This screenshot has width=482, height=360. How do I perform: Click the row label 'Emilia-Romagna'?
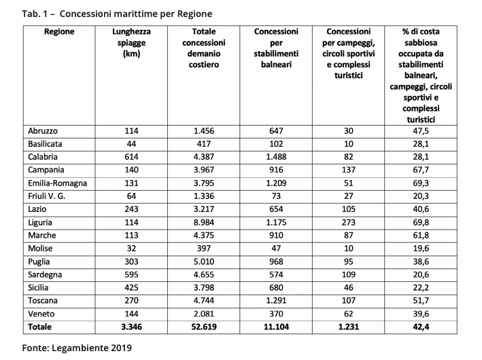[x=58, y=183]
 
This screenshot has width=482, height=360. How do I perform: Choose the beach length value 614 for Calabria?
[x=131, y=156]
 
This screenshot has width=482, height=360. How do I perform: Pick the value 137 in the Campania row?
[x=348, y=170]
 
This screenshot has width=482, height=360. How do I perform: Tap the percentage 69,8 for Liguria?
[x=420, y=222]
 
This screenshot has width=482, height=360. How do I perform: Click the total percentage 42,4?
[x=420, y=327]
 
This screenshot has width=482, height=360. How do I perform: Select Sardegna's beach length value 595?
[x=131, y=274]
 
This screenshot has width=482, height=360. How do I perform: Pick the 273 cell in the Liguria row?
[x=348, y=222]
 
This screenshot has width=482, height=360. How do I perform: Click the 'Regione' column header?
[x=59, y=31]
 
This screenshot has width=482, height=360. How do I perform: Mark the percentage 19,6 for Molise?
[x=420, y=249]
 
